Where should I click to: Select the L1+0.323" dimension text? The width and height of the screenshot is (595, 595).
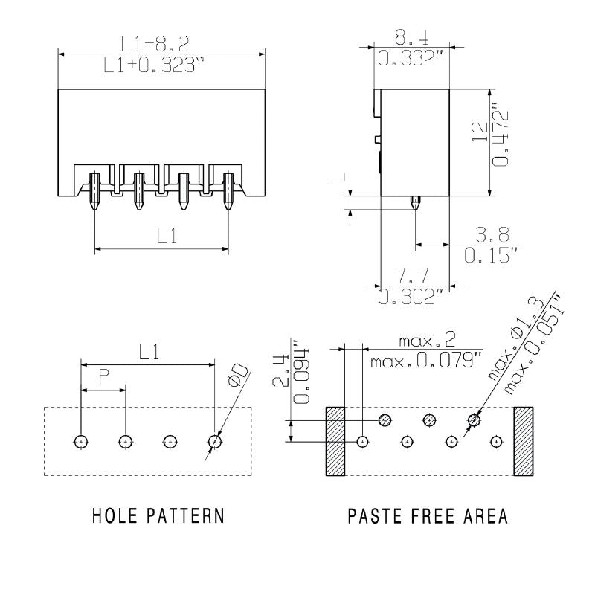pos(154,65)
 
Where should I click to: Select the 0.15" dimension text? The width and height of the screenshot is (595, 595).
pos(490,257)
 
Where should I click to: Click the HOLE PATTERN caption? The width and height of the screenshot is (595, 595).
pos(158,516)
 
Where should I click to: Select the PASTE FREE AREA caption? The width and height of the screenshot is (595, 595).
pos(428,516)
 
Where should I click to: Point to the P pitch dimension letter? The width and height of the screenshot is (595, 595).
pos(104,378)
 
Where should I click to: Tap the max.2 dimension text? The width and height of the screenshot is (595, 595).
pos(427,341)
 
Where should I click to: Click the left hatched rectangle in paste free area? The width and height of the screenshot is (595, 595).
pos(334,442)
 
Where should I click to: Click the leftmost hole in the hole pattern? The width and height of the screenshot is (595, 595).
pos(81,442)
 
